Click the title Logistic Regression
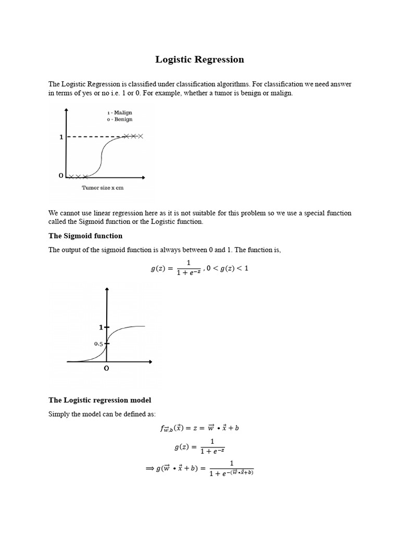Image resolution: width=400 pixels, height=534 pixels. (199, 59)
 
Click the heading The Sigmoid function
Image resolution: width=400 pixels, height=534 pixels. (85, 236)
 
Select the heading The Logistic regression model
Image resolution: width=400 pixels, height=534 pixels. (100, 400)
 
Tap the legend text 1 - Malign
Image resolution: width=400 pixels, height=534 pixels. (120, 112)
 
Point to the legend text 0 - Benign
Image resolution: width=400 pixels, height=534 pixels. (120, 119)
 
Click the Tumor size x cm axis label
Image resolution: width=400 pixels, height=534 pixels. (103, 188)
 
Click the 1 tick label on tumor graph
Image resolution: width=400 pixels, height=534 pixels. (61, 137)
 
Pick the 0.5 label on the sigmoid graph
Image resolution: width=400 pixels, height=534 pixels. (98, 344)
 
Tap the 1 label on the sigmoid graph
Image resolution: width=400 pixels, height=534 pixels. (101, 327)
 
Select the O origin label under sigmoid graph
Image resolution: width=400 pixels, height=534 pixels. (107, 369)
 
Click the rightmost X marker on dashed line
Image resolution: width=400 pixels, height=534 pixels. (140, 136)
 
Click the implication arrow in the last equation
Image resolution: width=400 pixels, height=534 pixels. (151, 468)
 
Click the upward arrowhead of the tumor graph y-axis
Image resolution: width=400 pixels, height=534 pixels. (66, 110)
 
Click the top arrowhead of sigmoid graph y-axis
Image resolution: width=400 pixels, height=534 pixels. (107, 288)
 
